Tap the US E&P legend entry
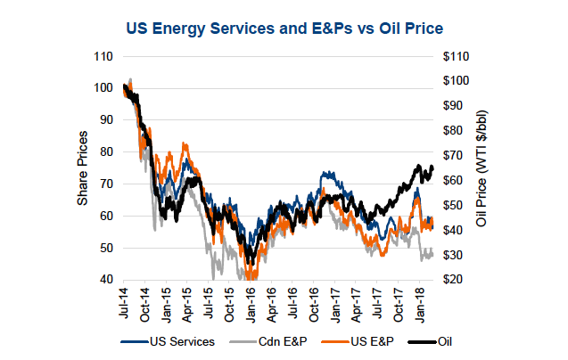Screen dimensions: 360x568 (x=363, y=340)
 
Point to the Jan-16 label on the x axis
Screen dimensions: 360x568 (x=252, y=301)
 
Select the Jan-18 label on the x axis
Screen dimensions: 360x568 (x=424, y=301)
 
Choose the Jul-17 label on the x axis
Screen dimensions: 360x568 (x=381, y=301)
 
